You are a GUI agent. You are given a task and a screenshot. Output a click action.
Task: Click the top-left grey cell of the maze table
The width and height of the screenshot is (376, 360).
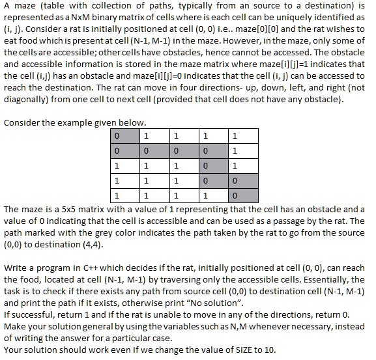tap(125, 137)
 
